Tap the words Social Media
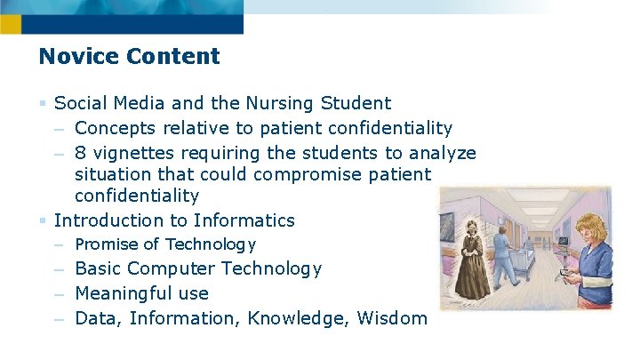tap(108, 104)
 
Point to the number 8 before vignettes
tap(81, 153)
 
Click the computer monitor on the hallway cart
tap(562, 241)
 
